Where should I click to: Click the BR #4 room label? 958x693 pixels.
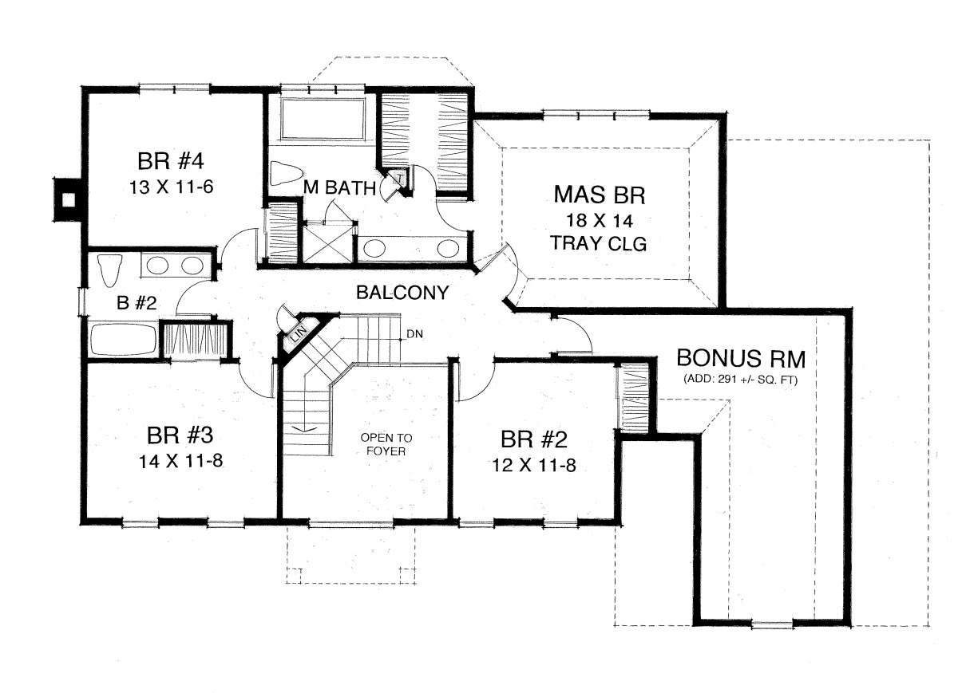point(171,162)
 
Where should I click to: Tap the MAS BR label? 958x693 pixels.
point(600,195)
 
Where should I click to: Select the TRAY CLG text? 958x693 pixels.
point(599,243)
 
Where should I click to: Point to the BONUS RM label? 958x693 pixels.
point(741,358)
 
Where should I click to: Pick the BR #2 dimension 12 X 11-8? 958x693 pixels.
point(534,465)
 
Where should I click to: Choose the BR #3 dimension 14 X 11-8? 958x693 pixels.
point(180,461)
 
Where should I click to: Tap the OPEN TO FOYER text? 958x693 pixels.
point(386,444)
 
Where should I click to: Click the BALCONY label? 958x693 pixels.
point(402,293)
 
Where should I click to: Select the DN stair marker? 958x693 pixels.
point(414,334)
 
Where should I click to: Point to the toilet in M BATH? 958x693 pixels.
point(285,173)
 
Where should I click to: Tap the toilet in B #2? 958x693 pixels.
point(109,271)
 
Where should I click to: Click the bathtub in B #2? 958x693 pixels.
point(124,339)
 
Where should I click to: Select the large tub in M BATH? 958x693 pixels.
point(323,119)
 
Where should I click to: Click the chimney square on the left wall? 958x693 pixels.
point(68,199)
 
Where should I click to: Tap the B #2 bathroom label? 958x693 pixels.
point(137,303)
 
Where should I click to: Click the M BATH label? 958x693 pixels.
point(339,187)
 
